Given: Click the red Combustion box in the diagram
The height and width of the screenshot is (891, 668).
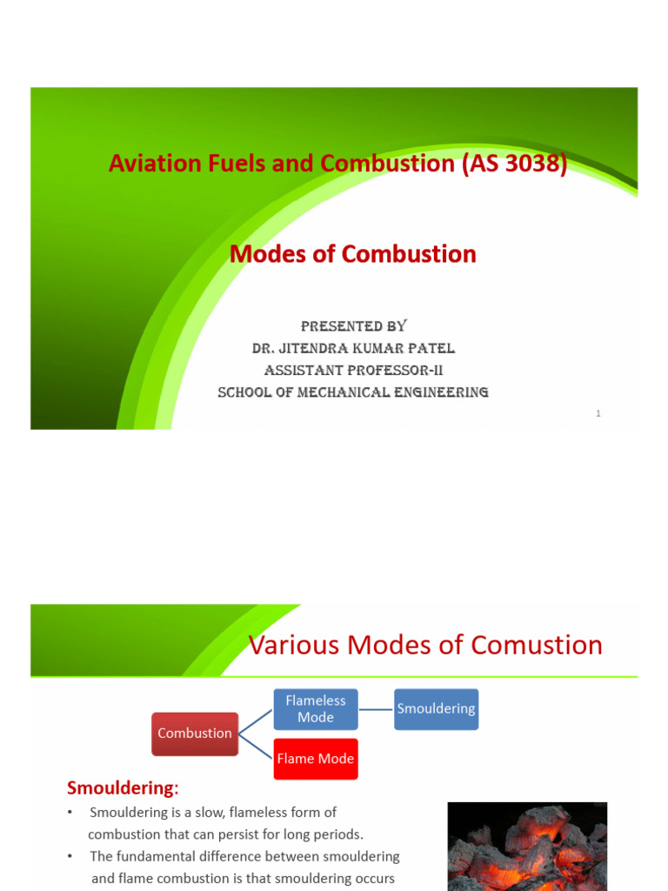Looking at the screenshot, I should click(x=195, y=734).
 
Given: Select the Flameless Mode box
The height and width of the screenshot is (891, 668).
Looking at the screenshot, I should click(x=316, y=709).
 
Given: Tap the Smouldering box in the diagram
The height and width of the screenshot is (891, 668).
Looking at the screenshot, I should click(x=436, y=709).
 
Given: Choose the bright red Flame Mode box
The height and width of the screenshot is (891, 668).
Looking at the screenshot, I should click(x=316, y=759).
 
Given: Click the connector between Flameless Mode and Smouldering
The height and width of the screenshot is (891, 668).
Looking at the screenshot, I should click(x=376, y=709).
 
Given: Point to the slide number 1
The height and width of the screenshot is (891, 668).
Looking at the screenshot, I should click(x=598, y=413).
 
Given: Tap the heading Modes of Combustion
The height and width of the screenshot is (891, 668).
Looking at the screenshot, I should click(x=352, y=254).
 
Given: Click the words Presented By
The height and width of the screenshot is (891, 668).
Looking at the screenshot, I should click(x=353, y=326).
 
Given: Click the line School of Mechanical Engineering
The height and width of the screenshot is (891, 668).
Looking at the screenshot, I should click(x=353, y=392).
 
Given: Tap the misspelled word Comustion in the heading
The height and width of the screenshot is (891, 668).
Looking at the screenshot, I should click(x=537, y=646).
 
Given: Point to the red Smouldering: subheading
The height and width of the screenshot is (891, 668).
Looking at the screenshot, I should click(x=123, y=788).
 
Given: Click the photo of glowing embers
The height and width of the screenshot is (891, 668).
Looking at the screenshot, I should click(x=527, y=846).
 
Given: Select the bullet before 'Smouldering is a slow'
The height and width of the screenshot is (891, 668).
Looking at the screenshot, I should click(x=70, y=813).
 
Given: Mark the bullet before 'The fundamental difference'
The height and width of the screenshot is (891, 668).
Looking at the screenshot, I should click(x=70, y=857).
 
